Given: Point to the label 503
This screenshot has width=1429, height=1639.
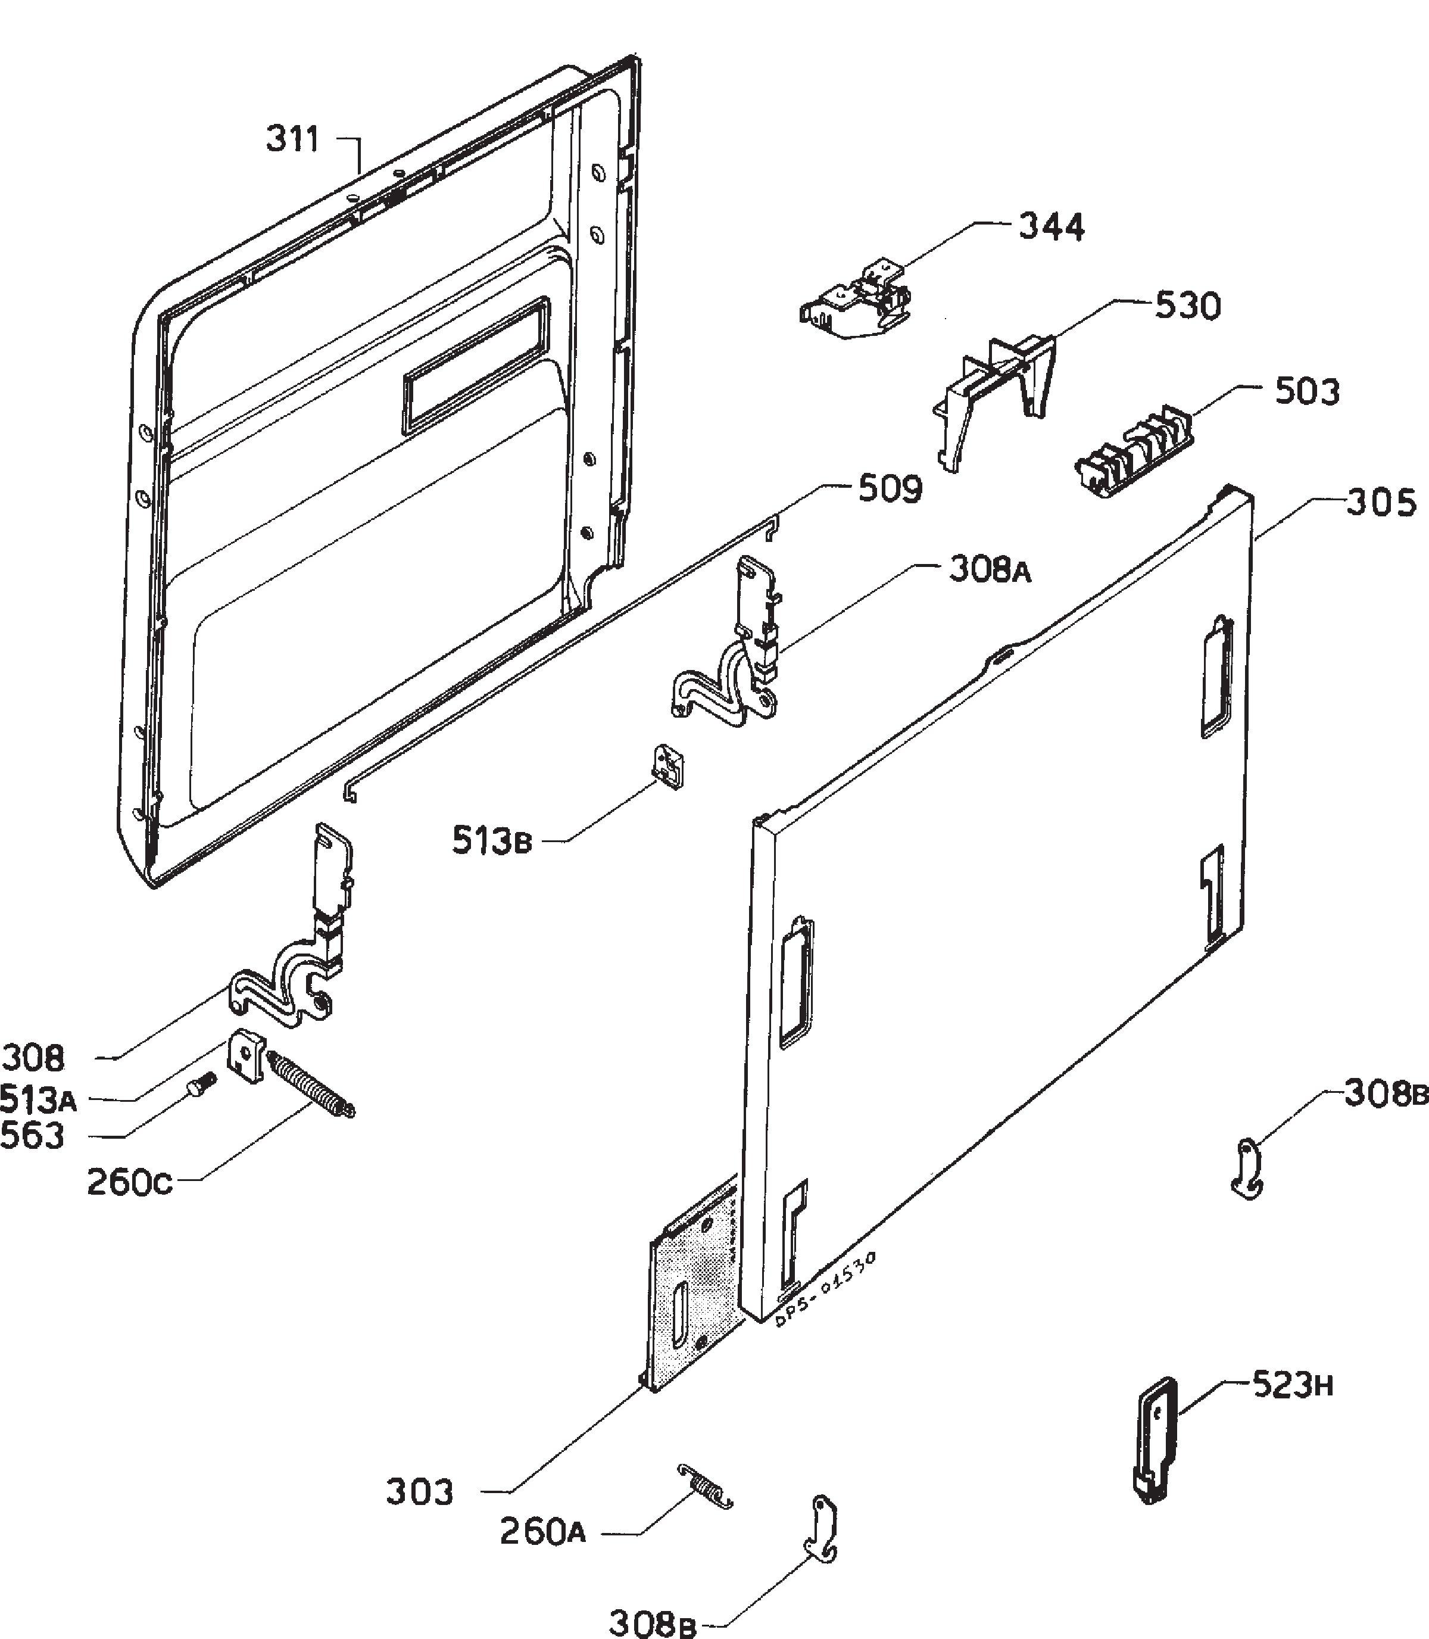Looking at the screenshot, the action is click(1308, 392).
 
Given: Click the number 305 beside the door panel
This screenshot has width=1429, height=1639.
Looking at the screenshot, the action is click(1382, 503).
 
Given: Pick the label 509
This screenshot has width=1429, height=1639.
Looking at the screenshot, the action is click(890, 489).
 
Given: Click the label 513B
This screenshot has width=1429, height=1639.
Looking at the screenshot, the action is click(491, 840).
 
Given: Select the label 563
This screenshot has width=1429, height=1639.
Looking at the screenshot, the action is click(33, 1135).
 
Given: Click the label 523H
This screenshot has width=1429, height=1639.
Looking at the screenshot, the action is click(1293, 1385).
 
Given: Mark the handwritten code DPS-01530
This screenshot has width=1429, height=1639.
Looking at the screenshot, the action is click(826, 1286).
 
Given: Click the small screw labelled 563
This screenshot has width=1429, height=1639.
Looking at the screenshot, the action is click(202, 1085).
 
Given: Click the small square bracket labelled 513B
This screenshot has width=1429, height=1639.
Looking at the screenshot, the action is click(670, 766).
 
